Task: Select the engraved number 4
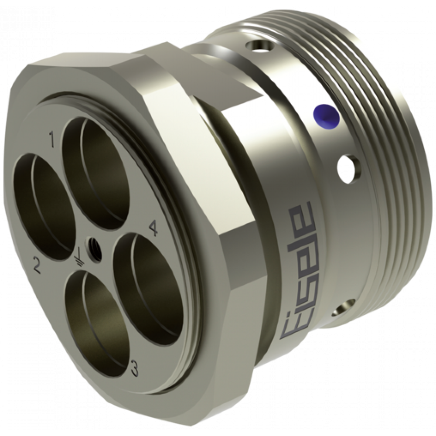click(153, 228)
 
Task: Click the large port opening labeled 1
click(96, 172)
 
